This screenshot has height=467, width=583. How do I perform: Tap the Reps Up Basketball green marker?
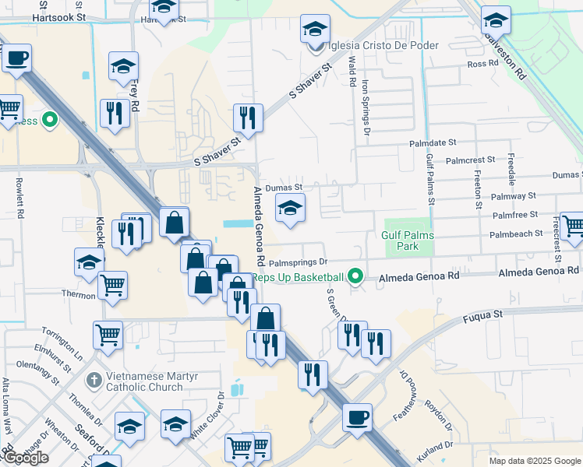pos(357,276)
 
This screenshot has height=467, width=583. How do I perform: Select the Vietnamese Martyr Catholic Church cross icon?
pos(94,380)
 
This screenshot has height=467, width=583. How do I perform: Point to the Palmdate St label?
pos(433,144)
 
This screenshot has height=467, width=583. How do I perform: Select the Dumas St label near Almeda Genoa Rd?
pos(283,188)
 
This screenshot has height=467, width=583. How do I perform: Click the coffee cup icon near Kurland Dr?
pos(357,417)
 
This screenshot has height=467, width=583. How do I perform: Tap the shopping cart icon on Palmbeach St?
pos(573,225)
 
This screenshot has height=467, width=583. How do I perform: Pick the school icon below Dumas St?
pos(290,207)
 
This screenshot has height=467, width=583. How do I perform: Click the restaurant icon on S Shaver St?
pos(248,118)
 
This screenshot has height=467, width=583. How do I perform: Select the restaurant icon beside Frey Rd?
pos(115,113)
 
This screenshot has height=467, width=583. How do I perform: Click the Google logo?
pos(25,458)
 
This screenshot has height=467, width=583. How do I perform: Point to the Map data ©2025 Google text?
pos(535,461)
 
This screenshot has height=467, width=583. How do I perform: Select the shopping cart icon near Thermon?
pos(113,286)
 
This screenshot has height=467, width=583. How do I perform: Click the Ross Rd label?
pos(482,64)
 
